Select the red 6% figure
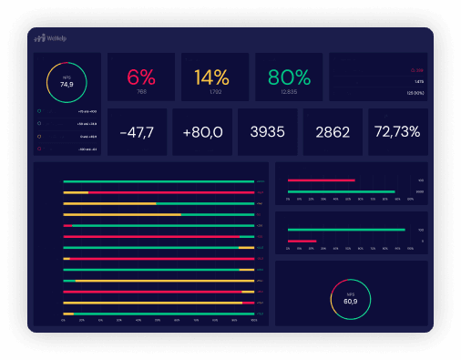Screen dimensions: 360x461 pos(141,76)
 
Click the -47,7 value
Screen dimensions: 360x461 pos(137,132)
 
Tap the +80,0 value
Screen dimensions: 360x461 pos(202,132)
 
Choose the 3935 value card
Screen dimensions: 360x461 pos(267,132)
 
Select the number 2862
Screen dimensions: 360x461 pos(332,132)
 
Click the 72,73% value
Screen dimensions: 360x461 pos(397,132)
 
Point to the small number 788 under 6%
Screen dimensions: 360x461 pos(141,91)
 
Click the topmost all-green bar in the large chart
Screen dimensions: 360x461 pos(158,181)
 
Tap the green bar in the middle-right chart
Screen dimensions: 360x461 pos(346,230)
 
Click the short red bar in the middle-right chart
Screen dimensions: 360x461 pos(302,242)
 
